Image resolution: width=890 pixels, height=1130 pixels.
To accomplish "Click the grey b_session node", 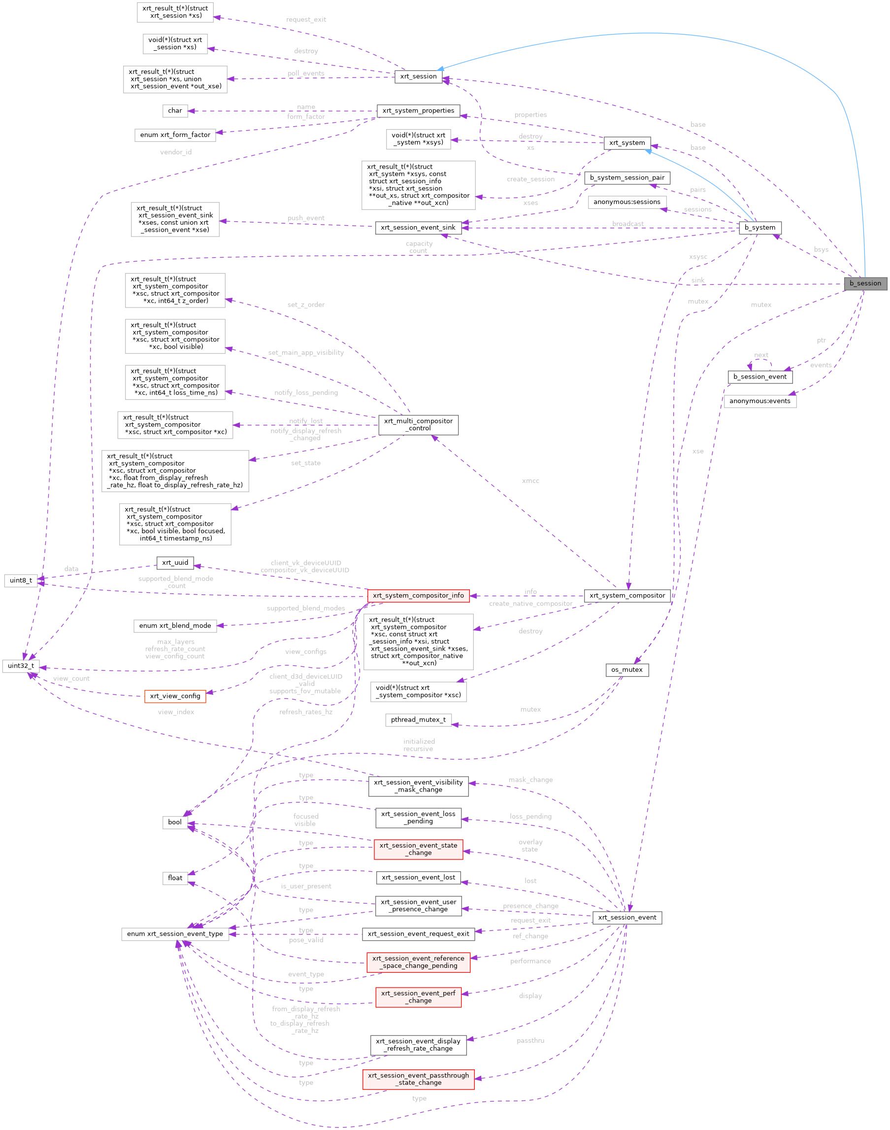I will pos(865,283).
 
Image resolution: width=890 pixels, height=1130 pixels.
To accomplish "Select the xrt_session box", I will pos(418,76).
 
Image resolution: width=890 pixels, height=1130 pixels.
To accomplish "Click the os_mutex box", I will pos(627,670).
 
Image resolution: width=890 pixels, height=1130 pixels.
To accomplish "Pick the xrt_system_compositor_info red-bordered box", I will pos(418,596).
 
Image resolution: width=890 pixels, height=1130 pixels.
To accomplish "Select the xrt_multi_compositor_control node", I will pos(419,425).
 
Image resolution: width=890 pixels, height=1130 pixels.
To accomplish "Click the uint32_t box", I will pos(21,666).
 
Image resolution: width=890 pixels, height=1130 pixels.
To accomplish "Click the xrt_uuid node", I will pos(174,563).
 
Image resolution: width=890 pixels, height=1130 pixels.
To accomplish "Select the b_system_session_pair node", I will pos(627,178).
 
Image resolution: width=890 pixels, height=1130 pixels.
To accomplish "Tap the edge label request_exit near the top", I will pos(306,20).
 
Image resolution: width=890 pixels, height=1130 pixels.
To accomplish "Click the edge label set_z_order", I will pos(306,305).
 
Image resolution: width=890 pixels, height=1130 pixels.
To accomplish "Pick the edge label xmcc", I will pos(530,481).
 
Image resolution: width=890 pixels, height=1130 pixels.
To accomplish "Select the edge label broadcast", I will pos(627,224).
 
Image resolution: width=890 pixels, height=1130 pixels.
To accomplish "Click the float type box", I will pos(174,878).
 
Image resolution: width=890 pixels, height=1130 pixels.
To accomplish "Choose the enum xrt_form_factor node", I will pos(174,135).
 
